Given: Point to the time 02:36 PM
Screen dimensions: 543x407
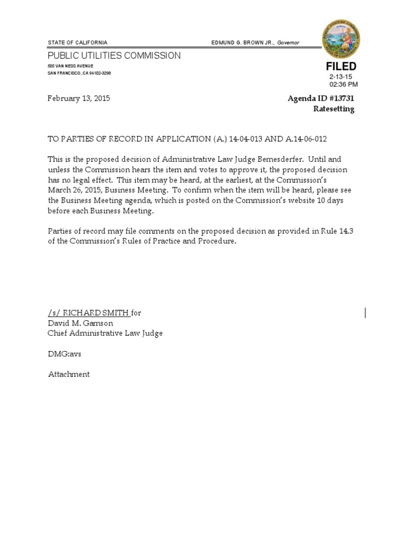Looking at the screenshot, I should pos(343,84).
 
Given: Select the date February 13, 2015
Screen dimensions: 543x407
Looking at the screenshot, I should pos(79,99).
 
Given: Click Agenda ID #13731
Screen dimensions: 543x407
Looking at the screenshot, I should pos(321,99).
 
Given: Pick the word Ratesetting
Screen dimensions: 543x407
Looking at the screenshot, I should pos(334,109).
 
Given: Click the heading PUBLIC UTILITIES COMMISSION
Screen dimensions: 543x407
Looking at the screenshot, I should pos(114,56).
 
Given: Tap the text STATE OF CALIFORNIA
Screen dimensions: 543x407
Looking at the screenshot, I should pos(77,42).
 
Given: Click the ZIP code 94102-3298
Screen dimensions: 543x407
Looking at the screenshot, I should pos(100,73).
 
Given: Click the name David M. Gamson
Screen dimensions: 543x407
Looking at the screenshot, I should pos(81,323).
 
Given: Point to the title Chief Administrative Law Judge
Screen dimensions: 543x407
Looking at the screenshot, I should pos(105,333).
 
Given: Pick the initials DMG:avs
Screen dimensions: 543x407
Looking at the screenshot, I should pos(65,354).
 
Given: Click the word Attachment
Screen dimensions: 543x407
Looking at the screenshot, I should pos(69,374).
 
